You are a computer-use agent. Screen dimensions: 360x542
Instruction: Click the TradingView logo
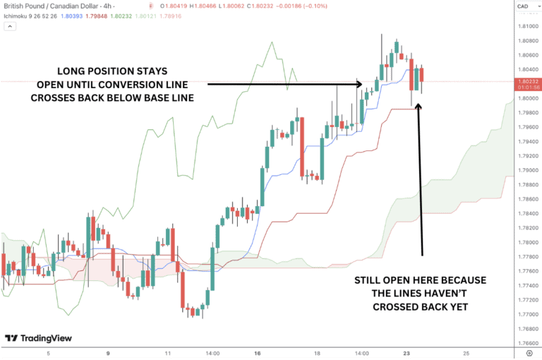38,338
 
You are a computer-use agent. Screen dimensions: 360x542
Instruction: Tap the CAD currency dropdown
523,6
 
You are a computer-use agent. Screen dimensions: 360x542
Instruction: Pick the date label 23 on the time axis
406,352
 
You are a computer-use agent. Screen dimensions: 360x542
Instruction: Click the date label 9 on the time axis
108,352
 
